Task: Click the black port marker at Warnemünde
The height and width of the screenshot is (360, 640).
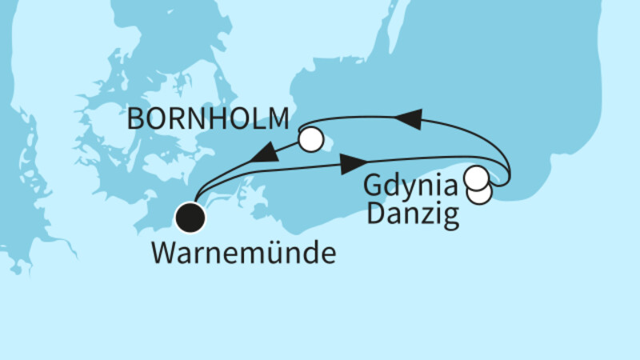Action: point(191,215)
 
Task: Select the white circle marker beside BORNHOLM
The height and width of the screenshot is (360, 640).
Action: point(312,139)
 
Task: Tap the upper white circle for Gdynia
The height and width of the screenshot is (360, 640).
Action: point(477,177)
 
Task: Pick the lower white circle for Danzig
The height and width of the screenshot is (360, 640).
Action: point(479,193)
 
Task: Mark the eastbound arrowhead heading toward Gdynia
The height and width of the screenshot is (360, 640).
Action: point(352,165)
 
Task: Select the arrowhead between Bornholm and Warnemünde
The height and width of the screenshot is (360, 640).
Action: point(266,154)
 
